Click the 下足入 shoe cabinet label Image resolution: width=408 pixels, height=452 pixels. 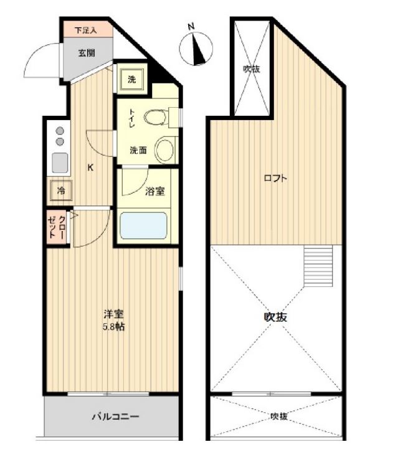[85, 31]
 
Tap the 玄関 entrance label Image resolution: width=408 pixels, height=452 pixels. [87, 53]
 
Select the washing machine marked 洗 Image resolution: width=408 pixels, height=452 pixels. [131, 79]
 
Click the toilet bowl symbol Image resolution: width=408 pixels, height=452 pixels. [155, 117]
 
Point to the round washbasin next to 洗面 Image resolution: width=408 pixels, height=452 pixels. [165, 149]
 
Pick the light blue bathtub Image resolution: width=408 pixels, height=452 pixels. [143, 226]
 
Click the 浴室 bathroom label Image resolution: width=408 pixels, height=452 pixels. [155, 191]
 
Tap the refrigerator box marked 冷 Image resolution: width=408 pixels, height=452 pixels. [61, 191]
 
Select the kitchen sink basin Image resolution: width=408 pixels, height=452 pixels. [60, 163]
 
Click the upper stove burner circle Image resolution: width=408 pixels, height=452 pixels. [60, 131]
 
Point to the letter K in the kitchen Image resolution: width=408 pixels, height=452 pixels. [90, 167]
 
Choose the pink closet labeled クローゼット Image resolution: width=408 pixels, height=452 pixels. [57, 226]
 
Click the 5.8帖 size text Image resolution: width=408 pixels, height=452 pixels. [114, 327]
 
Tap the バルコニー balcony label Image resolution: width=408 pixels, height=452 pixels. [116, 417]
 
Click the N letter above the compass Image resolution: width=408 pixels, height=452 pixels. [191, 27]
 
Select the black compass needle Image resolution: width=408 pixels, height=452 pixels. [199, 49]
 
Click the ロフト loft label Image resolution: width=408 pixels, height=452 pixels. [276, 178]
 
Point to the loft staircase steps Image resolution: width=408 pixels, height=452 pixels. [318, 266]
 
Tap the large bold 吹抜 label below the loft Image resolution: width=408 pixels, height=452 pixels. [276, 317]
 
